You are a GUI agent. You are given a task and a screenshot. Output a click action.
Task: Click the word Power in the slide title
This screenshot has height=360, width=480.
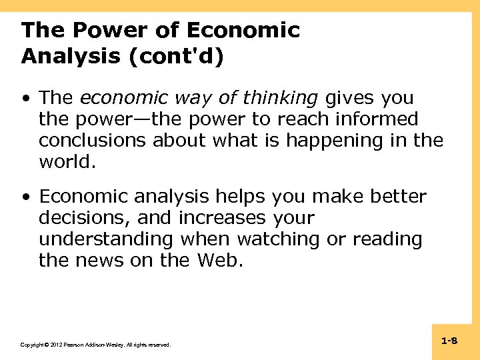pos(104,31)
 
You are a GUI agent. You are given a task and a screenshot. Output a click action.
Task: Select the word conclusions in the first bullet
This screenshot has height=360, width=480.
pos(93,141)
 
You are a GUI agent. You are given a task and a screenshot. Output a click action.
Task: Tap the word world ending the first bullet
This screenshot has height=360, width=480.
pos(65,162)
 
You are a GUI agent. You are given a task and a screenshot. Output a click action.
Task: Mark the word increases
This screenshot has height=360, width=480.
pos(218,218)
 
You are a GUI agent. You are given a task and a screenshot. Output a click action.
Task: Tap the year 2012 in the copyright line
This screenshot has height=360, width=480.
pos(53,345)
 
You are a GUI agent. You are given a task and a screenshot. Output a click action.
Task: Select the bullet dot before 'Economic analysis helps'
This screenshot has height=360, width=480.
pos(25,198)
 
